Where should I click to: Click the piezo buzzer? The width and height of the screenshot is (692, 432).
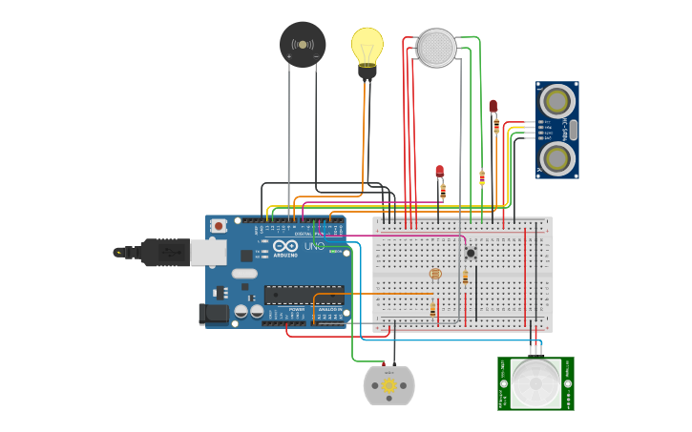coord(303,45)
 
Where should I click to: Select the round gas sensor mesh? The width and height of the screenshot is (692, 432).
coord(437,48)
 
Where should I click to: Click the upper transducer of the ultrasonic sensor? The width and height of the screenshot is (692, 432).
coord(557,100)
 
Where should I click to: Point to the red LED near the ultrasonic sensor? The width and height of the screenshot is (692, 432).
coord(493,106)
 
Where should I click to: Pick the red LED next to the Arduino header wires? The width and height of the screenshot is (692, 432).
coord(440,172)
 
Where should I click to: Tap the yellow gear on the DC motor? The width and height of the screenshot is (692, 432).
coord(388,385)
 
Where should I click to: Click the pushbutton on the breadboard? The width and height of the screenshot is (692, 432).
coord(471,253)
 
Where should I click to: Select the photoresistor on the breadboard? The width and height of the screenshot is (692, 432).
coord(435,274)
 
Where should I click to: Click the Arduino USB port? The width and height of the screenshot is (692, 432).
coord(209,252)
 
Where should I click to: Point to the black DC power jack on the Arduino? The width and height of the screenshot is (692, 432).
coord(215,312)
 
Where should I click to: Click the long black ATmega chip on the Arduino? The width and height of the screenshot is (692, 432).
coord(304,295)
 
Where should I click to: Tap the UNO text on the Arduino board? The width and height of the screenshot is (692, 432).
coord(313,246)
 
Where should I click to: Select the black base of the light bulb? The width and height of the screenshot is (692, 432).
coord(367,71)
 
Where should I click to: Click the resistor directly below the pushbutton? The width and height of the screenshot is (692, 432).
coord(465,277)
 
